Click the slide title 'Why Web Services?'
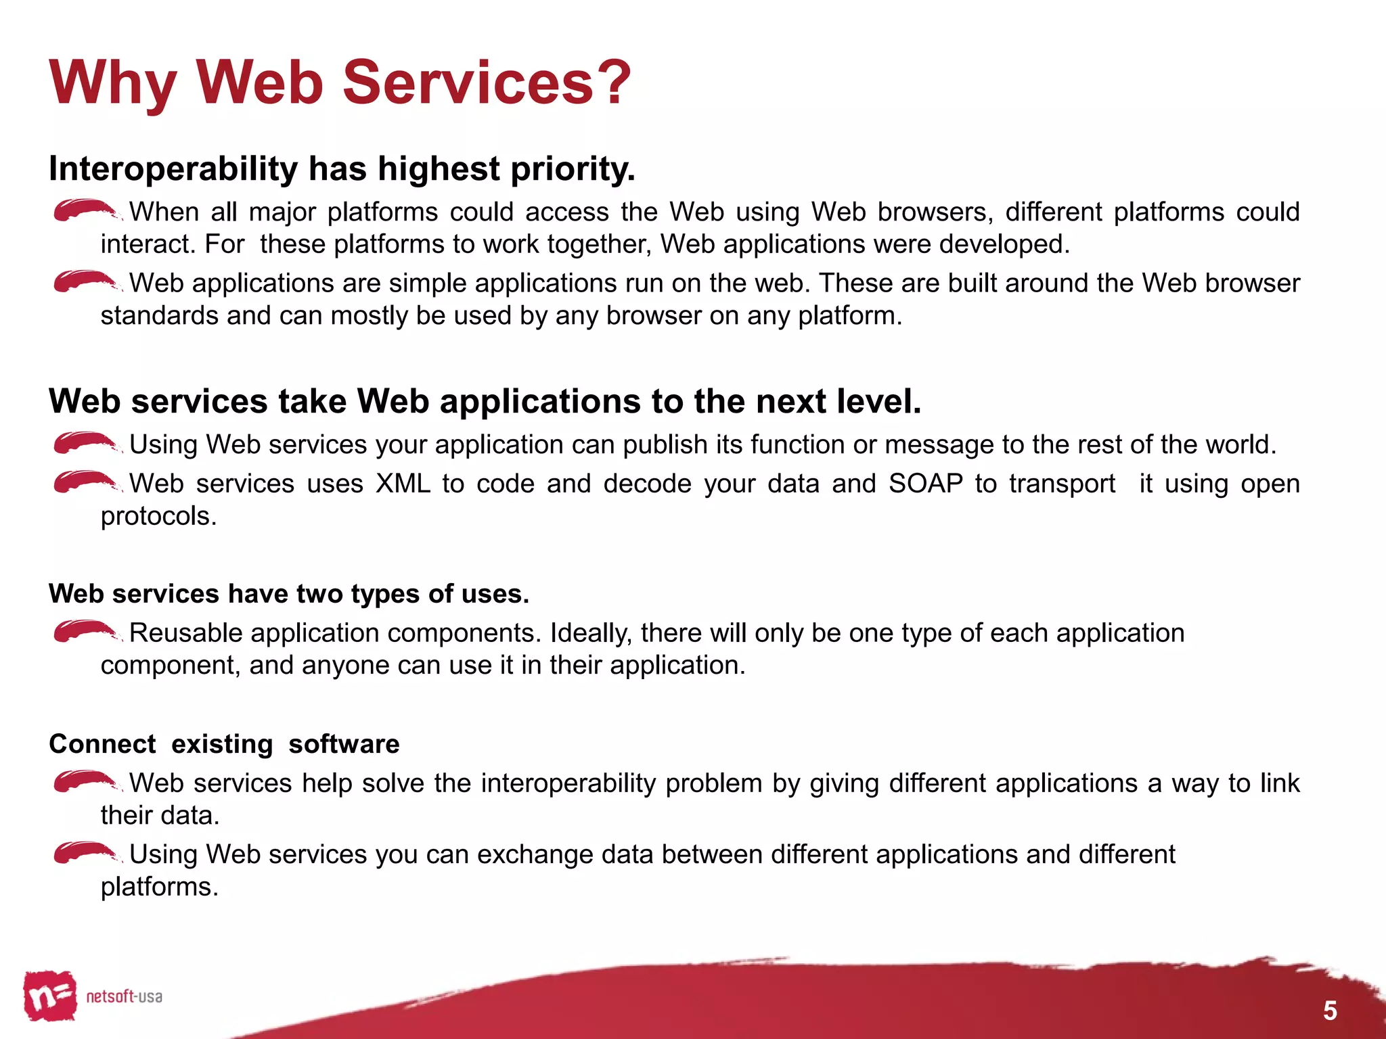[x=340, y=83]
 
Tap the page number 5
[x=1330, y=1011]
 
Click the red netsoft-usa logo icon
[x=49, y=995]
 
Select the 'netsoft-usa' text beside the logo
[x=124, y=996]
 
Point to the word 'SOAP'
[x=925, y=484]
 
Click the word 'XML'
[x=403, y=484]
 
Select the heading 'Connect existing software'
[x=224, y=744]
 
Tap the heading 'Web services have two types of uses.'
[x=289, y=594]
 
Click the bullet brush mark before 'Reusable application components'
[x=85, y=630]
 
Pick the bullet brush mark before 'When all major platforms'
[x=85, y=210]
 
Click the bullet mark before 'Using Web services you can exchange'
[x=85, y=852]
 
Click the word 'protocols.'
[x=158, y=516]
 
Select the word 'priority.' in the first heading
[x=573, y=168]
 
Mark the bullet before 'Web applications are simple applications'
[x=85, y=281]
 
